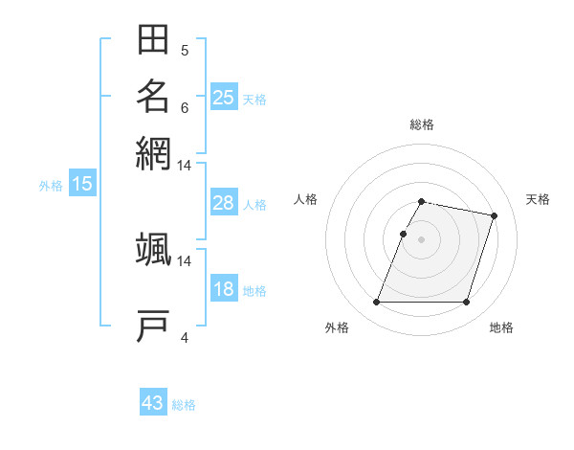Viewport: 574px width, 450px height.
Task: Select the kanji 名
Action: point(153,96)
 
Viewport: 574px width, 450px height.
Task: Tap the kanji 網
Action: point(153,152)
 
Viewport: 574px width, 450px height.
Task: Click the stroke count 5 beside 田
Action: point(185,51)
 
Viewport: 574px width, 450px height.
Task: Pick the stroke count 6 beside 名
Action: point(185,107)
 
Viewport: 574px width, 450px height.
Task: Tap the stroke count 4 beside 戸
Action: point(185,337)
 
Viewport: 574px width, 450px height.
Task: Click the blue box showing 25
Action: point(224,97)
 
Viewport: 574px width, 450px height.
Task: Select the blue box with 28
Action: point(224,203)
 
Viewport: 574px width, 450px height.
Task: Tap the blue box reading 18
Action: point(224,289)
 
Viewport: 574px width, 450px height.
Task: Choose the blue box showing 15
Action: point(82,184)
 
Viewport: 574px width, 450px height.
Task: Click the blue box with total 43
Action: point(153,403)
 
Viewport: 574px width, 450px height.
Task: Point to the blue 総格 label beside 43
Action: point(185,405)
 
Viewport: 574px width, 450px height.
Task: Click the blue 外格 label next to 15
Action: point(51,186)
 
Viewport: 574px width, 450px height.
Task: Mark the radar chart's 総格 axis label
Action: point(422,124)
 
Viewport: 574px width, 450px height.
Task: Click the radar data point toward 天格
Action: point(494,216)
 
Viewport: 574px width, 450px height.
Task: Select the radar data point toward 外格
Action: point(377,303)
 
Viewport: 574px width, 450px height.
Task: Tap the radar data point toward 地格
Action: point(466,303)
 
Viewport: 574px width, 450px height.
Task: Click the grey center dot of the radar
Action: point(422,239)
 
